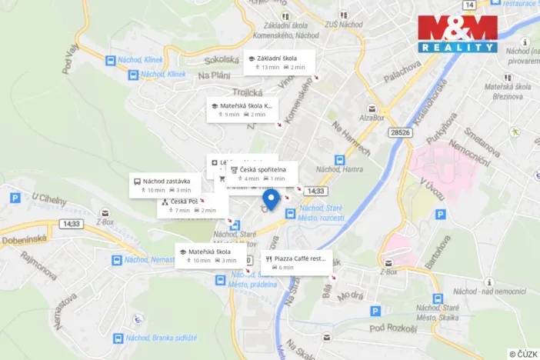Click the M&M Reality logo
(458, 34)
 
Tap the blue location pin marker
(270, 200)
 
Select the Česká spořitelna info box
(262, 173)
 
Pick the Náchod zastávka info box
(165, 185)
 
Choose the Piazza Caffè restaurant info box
(297, 262)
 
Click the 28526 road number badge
(400, 132)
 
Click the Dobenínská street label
(25, 240)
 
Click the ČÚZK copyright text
(523, 353)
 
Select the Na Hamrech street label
(351, 139)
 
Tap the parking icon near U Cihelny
(14, 198)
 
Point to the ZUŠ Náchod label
(323, 25)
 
